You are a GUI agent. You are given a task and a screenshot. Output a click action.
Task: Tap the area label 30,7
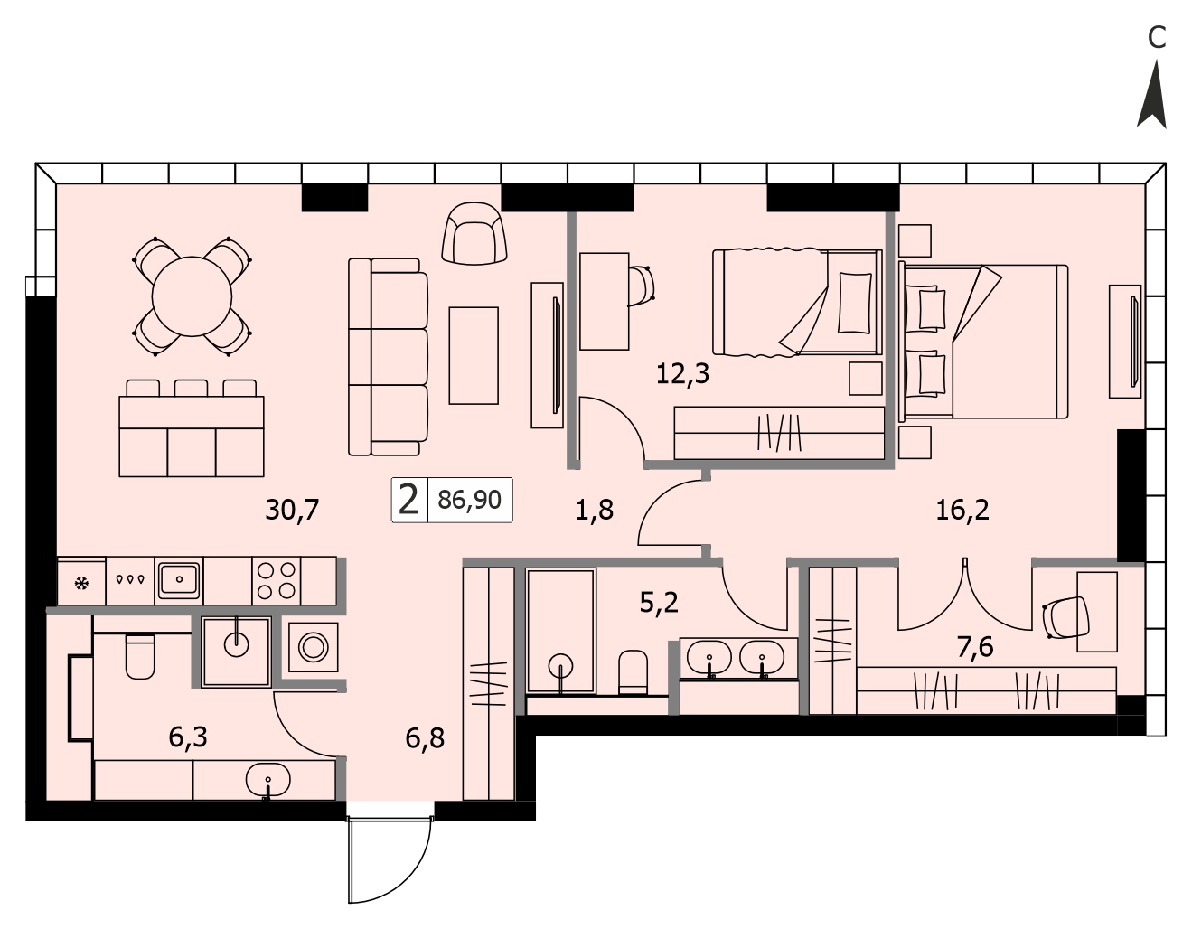click(x=292, y=510)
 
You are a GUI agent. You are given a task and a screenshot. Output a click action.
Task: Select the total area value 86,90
click(x=470, y=500)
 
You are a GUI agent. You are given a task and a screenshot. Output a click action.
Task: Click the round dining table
click(x=192, y=296)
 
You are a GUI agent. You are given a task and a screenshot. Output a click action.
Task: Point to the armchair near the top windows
click(x=474, y=234)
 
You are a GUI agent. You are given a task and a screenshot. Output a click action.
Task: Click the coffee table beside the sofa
click(x=474, y=355)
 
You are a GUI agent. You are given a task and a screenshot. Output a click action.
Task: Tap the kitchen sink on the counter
click(x=179, y=580)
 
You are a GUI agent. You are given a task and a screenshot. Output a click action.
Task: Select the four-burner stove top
click(x=277, y=581)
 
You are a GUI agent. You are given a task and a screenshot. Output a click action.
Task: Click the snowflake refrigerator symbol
click(x=81, y=583)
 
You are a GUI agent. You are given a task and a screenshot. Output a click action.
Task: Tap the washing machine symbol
click(x=314, y=647)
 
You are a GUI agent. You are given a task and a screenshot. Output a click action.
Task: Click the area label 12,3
click(x=683, y=374)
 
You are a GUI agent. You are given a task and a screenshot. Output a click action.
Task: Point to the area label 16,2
click(x=962, y=511)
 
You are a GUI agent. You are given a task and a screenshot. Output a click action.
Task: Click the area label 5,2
click(x=659, y=604)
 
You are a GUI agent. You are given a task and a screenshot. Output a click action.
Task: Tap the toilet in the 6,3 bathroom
click(x=140, y=656)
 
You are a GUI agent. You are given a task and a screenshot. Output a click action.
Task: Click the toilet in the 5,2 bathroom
click(x=633, y=672)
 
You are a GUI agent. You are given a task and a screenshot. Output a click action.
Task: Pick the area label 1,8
click(x=594, y=510)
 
